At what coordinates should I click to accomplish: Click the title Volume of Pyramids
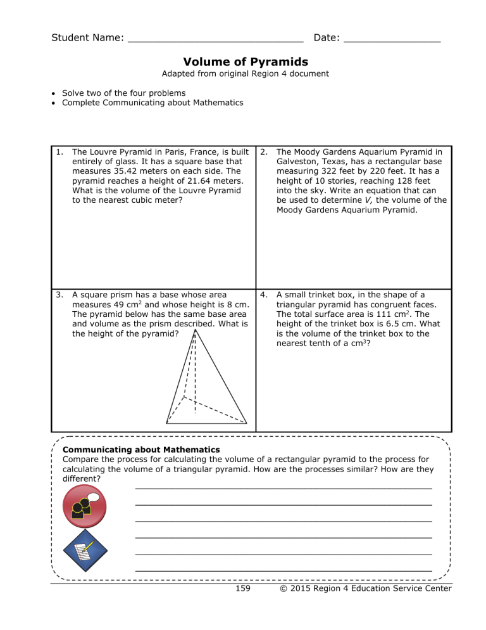click(246, 61)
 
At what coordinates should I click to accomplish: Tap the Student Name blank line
click(215, 40)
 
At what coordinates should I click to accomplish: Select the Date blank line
click(392, 40)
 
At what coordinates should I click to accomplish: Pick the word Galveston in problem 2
click(297, 162)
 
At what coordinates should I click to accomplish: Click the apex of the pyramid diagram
click(195, 329)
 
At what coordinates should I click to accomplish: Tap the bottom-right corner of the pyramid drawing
click(246, 422)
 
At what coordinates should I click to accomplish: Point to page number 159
click(242, 589)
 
